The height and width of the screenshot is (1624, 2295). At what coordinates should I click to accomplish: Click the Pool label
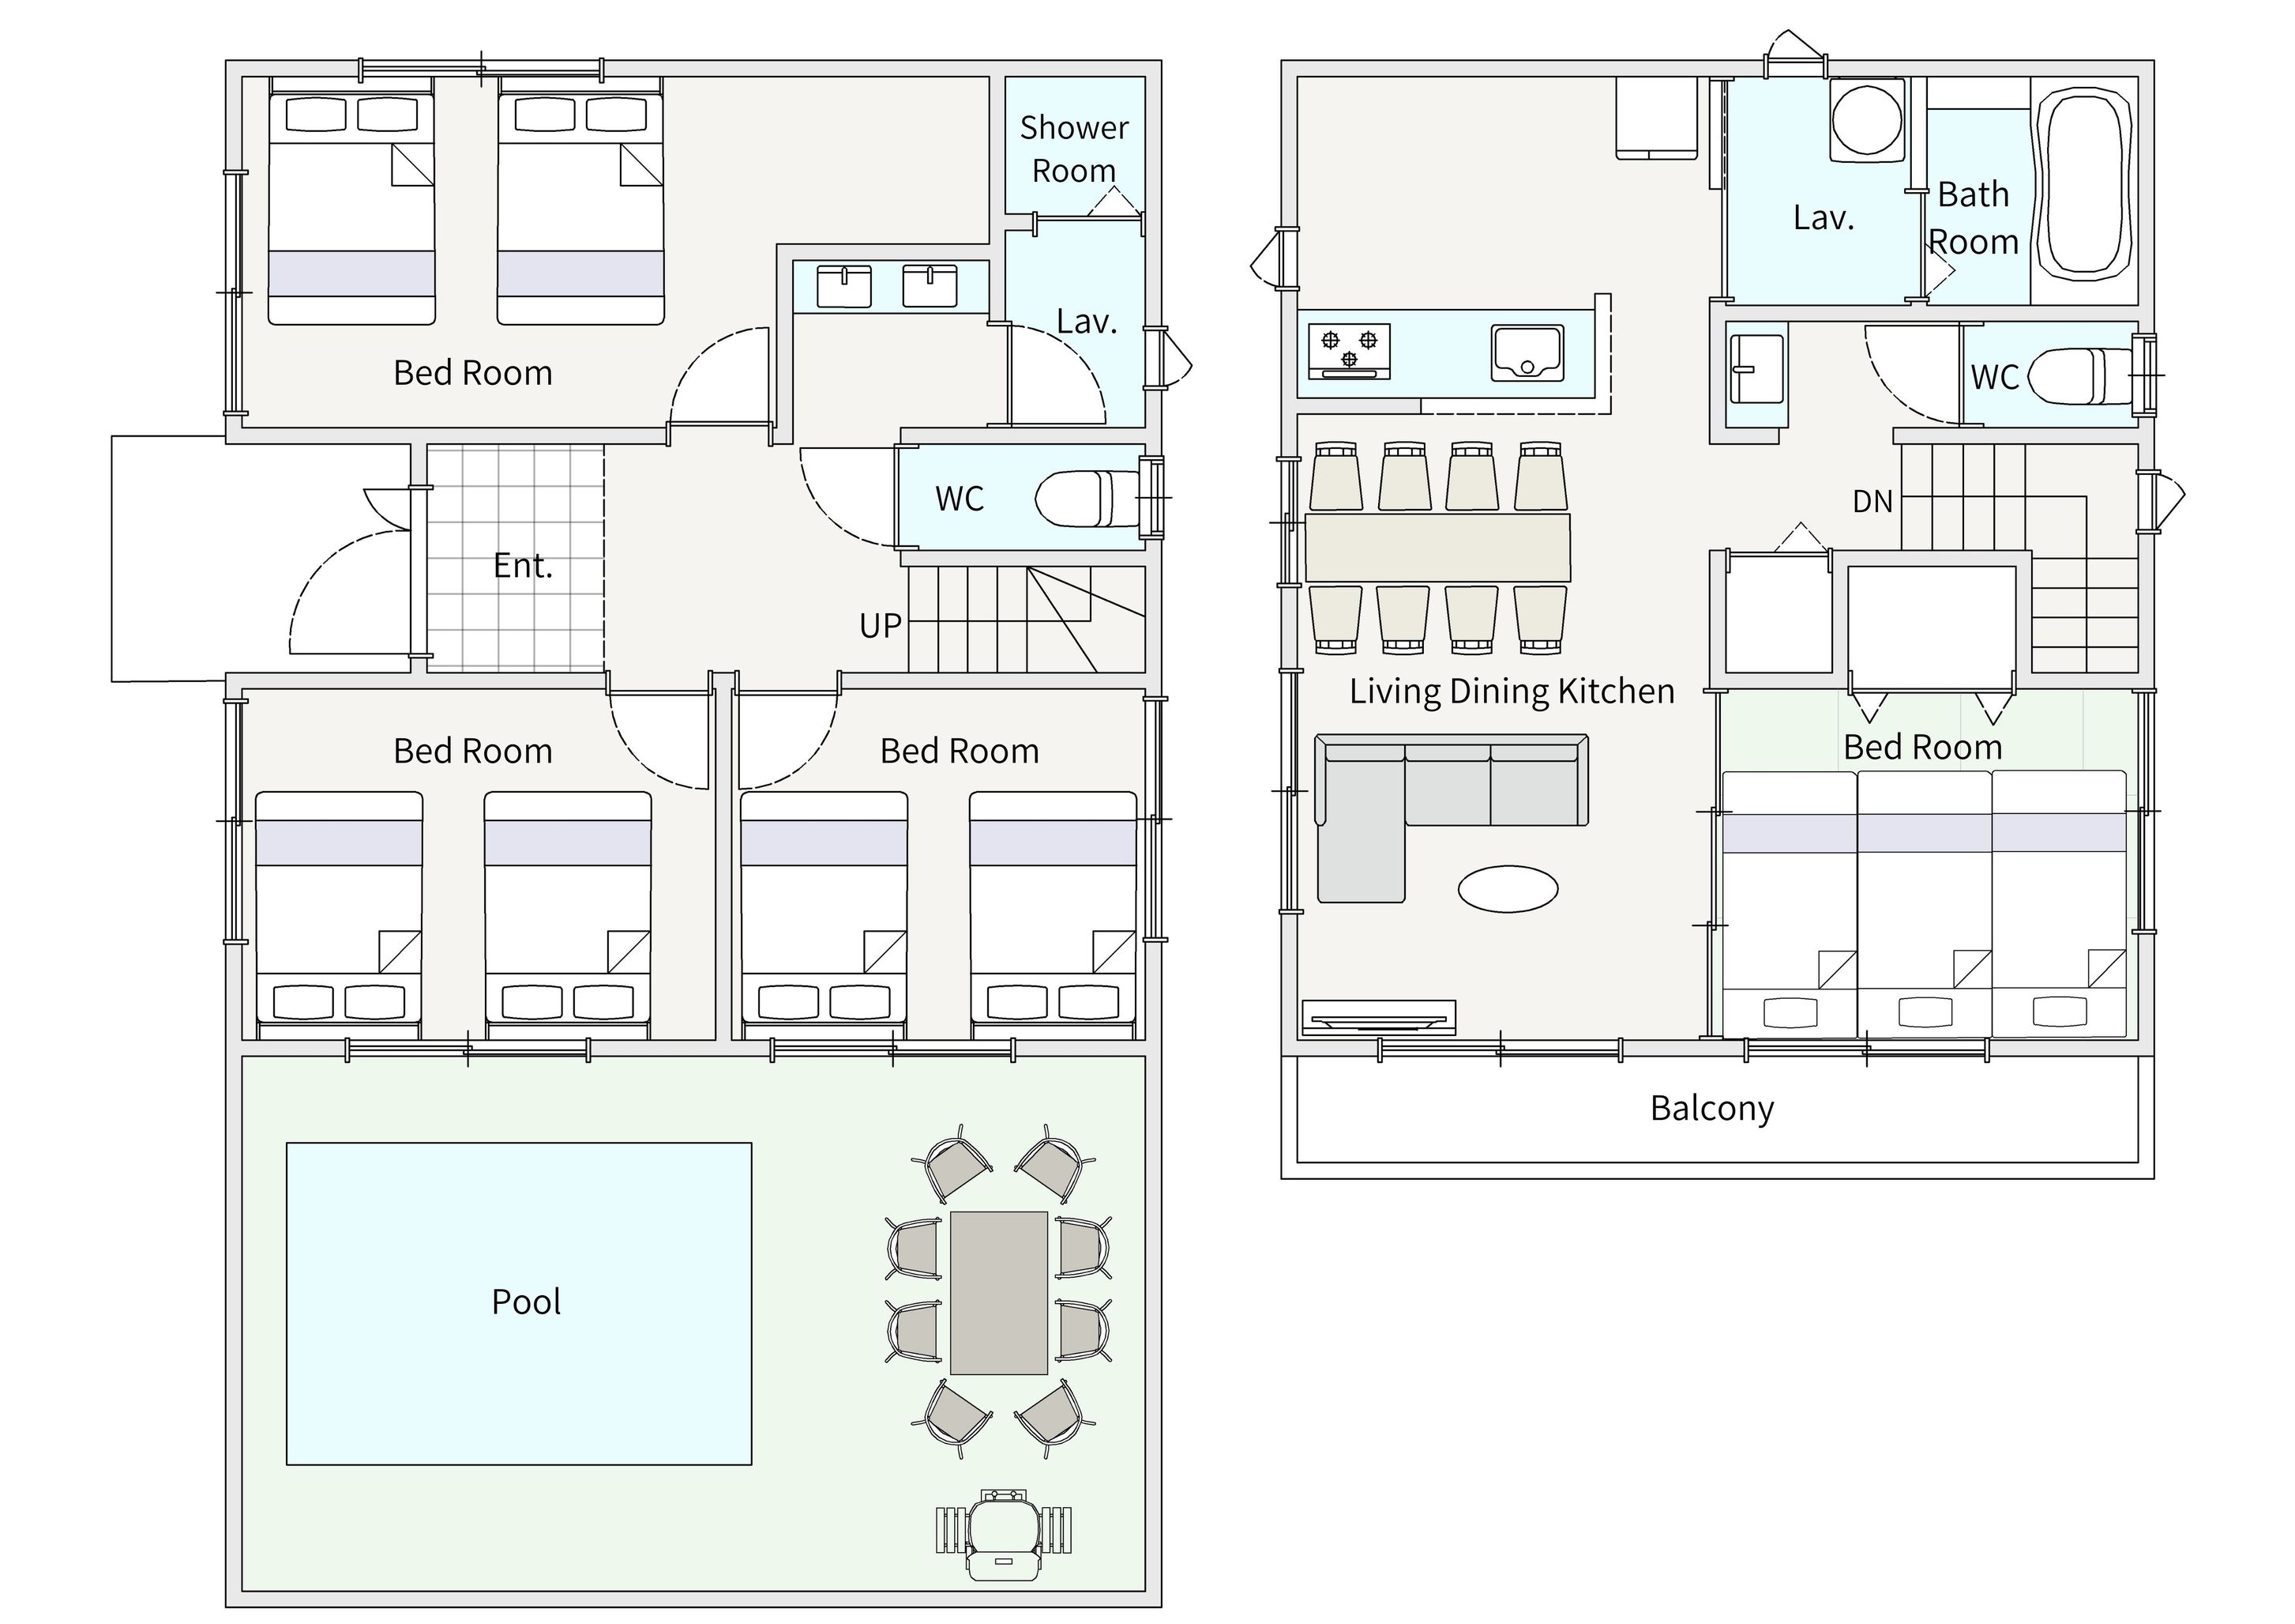click(x=526, y=1302)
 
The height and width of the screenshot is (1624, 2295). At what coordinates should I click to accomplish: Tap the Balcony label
click(x=1711, y=1108)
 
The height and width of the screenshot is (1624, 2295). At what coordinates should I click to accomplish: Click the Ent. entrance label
click(x=523, y=566)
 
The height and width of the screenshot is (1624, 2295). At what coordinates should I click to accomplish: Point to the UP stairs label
click(x=881, y=626)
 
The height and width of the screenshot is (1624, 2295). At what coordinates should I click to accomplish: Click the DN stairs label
click(x=1872, y=501)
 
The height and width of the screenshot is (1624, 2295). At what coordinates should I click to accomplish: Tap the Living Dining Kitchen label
click(x=1512, y=691)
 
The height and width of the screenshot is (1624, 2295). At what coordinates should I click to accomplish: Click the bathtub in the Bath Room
click(x=2084, y=184)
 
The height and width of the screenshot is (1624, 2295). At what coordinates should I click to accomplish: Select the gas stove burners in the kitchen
click(x=1350, y=351)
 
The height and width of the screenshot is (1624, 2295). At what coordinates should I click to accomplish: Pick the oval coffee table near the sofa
click(x=1508, y=888)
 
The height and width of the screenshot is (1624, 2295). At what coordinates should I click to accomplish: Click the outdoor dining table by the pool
click(x=998, y=1293)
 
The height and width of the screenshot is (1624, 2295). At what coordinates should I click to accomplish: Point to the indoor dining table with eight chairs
click(x=1437, y=547)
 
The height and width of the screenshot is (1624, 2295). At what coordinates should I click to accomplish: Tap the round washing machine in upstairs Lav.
click(x=1866, y=121)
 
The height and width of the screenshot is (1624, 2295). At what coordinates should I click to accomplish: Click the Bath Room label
click(x=1973, y=218)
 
